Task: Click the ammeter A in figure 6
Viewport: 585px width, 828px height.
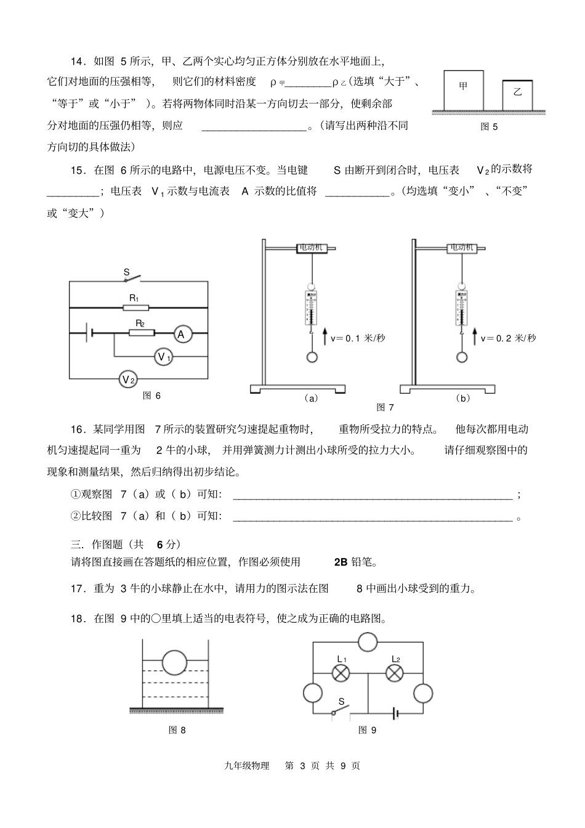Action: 181,335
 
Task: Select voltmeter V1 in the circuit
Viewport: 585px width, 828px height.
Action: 163,357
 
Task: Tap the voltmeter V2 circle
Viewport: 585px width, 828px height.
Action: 127,379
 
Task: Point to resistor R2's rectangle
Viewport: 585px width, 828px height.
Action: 141,333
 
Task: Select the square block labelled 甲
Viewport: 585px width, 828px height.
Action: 464,91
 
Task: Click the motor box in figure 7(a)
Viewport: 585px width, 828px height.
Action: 310,248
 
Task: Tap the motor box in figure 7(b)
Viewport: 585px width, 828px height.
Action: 462,248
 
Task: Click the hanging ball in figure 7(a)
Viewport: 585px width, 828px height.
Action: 313,357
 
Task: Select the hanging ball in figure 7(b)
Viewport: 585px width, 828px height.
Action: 462,357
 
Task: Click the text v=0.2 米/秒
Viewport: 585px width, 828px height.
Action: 509,338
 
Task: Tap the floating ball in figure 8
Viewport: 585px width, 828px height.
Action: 174,664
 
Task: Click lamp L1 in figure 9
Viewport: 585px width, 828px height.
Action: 341,674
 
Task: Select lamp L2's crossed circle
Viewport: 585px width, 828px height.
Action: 395,674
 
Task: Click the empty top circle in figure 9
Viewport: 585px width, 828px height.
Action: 368,642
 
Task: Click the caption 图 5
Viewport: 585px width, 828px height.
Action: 488,127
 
